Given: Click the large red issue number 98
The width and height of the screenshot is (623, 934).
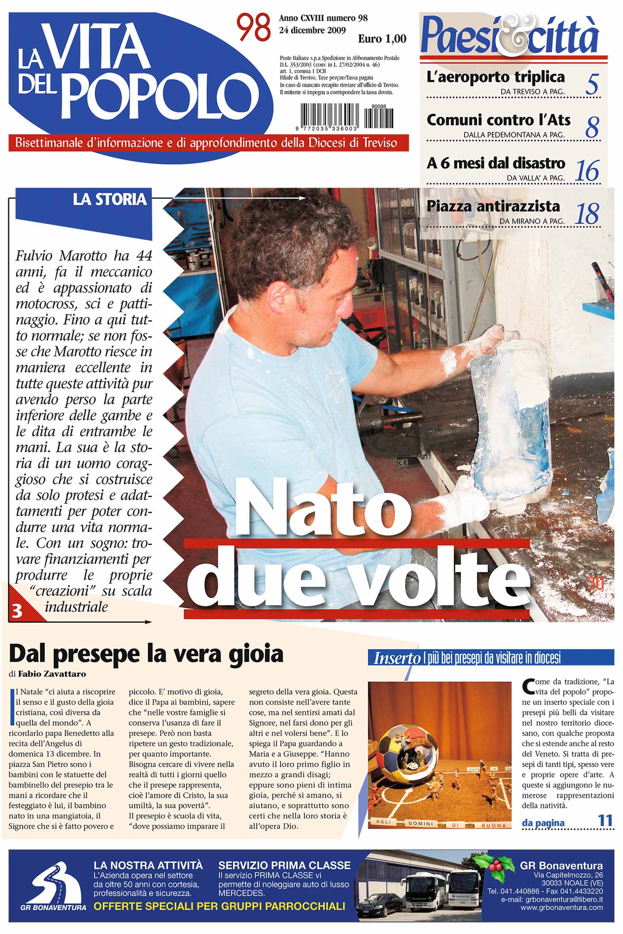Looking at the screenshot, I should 254,28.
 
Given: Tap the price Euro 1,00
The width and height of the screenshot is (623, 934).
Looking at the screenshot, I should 382,38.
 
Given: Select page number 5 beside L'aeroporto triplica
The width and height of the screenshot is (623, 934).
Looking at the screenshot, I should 592,84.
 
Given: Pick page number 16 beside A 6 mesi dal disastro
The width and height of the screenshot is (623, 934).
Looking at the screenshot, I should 587,171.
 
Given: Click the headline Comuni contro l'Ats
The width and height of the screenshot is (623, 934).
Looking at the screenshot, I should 498,120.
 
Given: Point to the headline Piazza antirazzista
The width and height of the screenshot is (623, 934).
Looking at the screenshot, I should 493,206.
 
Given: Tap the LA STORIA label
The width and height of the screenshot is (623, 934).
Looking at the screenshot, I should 109,199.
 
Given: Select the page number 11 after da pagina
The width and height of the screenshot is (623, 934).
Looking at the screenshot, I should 605,820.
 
